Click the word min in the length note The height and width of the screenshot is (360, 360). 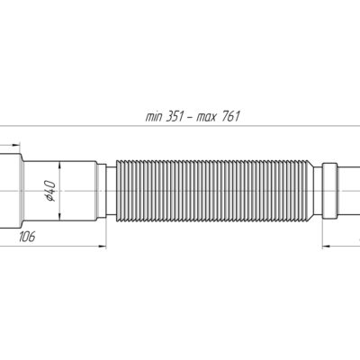pyautogui.click(x=154, y=116)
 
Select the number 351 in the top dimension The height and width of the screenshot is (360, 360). pyautogui.click(x=175, y=116)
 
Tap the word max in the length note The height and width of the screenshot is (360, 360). pyautogui.click(x=206, y=116)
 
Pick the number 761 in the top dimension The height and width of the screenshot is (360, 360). pyautogui.click(x=231, y=116)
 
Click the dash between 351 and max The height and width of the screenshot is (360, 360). pyautogui.click(x=190, y=117)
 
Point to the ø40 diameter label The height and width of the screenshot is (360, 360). pyautogui.click(x=49, y=191)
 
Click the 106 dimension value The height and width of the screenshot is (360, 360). pyautogui.click(x=27, y=237)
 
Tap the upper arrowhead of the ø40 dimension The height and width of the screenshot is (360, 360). pyautogui.click(x=60, y=166)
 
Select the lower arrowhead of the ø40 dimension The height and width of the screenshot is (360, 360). pyautogui.click(x=60, y=217)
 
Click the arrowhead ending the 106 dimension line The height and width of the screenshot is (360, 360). pyautogui.click(x=103, y=247)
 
